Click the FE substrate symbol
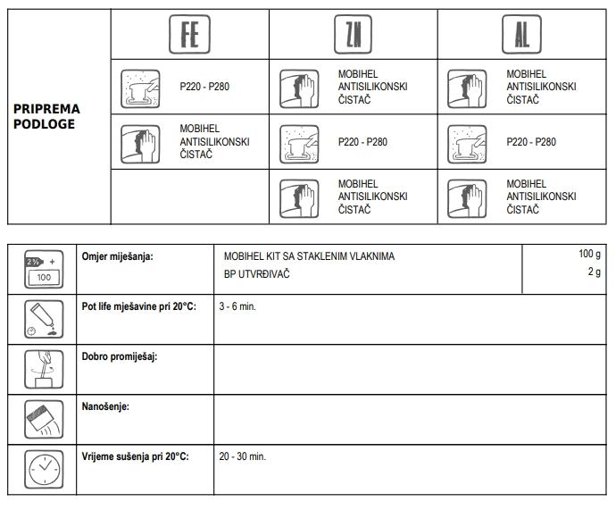click(189, 35)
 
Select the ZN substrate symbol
click(353, 35)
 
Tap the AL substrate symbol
click(521, 35)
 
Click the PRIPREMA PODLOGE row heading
click(46, 116)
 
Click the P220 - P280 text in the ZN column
click(362, 142)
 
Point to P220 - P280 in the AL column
click(531, 142)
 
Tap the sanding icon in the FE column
click(140, 88)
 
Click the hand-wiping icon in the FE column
click(140, 143)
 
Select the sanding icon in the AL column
click(467, 143)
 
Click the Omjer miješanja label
click(117, 256)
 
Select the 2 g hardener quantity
click(594, 272)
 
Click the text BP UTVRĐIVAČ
click(256, 274)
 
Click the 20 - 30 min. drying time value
click(242, 456)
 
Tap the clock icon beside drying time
click(41, 468)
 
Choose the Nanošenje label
click(105, 406)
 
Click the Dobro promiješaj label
click(119, 356)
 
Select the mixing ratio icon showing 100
click(41, 268)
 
